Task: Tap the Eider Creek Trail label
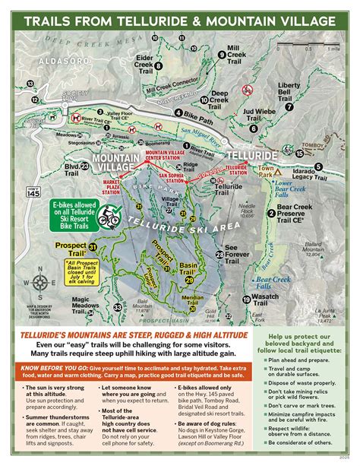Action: point(144,62)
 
